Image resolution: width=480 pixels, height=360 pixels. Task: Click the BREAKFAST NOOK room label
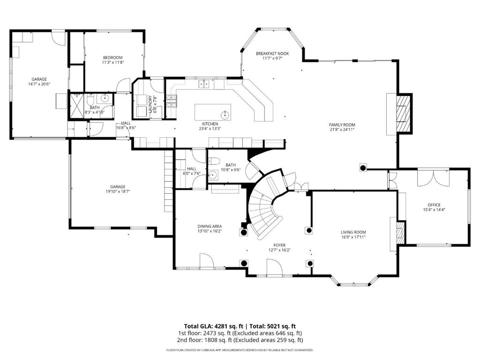272,53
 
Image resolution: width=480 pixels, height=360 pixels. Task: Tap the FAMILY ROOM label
342,125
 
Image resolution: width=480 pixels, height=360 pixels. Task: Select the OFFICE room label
434,205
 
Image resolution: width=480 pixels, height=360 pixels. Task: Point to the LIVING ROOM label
353,232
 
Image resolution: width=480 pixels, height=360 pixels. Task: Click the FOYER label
279,245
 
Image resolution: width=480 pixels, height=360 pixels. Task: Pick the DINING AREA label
210,226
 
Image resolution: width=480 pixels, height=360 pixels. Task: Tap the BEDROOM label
112,58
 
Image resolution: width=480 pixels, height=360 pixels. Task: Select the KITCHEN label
210,124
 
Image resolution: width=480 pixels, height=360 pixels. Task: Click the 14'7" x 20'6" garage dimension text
39,84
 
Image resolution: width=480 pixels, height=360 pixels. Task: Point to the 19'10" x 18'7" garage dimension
118,192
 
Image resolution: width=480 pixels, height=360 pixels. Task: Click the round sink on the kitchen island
225,115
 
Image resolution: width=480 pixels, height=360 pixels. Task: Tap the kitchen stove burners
172,101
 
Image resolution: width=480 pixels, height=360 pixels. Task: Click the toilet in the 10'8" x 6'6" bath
213,161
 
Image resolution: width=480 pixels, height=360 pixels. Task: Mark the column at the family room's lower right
363,167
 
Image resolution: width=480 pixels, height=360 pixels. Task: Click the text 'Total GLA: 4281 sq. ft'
215,326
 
